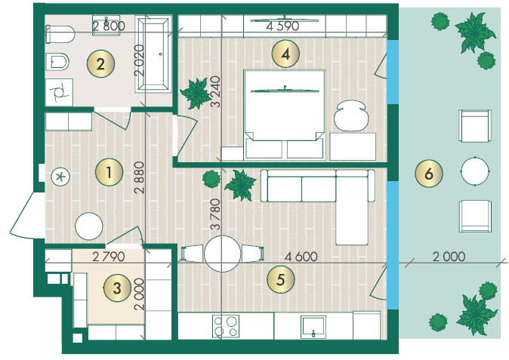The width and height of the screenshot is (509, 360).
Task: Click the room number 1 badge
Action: tap(109, 172)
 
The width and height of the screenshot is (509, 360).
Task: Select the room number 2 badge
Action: tap(100, 63)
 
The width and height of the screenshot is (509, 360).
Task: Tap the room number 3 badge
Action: tap(117, 288)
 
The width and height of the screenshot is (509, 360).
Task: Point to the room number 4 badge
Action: tap(285, 54)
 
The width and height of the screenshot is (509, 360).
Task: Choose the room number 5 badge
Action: tap(281, 279)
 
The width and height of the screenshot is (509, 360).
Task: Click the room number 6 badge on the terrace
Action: tap(429, 174)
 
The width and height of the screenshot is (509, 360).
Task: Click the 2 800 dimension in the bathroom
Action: tap(109, 26)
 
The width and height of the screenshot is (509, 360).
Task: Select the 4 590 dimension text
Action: tap(282, 26)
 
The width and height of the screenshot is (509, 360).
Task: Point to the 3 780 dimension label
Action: tap(215, 214)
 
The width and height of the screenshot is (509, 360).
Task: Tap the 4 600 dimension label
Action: tap(301, 257)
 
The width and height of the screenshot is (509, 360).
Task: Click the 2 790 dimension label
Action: tap(109, 257)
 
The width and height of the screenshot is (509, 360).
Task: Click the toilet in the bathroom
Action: tap(60, 35)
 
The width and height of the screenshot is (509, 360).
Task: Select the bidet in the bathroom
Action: tap(57, 62)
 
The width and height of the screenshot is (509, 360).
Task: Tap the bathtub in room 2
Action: tap(153, 54)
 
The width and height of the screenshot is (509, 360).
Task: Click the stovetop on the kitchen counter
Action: tap(226, 326)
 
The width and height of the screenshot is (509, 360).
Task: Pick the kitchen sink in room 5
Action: tap(313, 327)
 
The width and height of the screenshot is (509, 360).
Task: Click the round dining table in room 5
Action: tap(223, 254)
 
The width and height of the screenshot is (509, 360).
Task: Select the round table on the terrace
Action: tap(475, 171)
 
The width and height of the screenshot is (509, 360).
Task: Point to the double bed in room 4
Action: tap(285, 115)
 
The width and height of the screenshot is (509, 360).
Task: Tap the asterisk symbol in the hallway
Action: tap(60, 177)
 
